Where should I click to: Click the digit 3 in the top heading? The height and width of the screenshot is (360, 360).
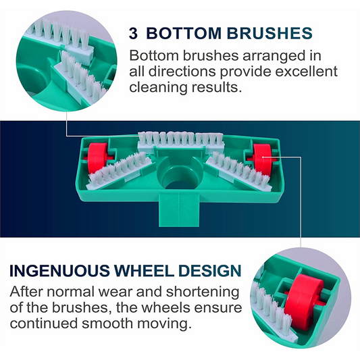[133, 33]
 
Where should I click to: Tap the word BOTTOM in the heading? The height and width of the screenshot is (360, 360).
[184, 33]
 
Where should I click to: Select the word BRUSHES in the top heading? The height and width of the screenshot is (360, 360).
[269, 33]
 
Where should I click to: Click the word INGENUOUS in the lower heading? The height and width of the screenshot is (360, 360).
[59, 270]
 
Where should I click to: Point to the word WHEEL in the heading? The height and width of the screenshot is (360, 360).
[145, 270]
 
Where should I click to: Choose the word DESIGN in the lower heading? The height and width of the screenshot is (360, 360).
[210, 270]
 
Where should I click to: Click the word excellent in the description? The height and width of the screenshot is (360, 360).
[306, 72]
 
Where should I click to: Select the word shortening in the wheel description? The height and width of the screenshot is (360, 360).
[203, 292]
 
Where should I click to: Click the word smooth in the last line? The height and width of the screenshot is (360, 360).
[107, 324]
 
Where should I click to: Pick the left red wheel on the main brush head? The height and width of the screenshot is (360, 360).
[97, 157]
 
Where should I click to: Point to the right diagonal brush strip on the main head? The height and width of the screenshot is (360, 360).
[240, 170]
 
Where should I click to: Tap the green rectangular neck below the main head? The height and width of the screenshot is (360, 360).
[179, 209]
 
